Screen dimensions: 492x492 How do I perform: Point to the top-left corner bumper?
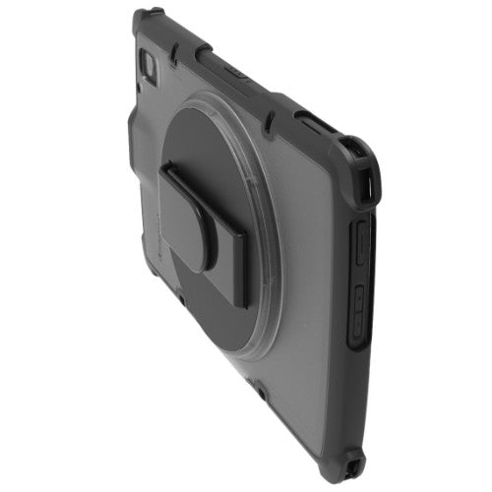point(148,20)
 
